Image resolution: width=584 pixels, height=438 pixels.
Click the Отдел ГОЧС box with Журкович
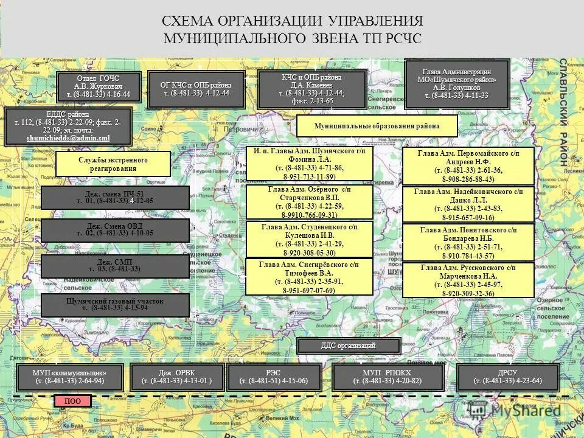(x=99, y=87)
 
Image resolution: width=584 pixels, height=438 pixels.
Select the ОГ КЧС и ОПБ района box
(x=195, y=89)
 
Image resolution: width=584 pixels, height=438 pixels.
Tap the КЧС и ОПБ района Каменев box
(x=311, y=89)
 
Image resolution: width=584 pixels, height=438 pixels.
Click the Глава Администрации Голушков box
(x=456, y=85)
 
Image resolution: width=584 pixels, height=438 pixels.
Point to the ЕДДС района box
(x=68, y=127)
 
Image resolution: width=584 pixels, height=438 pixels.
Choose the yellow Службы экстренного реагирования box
(x=113, y=164)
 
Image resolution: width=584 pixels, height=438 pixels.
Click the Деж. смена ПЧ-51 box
(x=115, y=197)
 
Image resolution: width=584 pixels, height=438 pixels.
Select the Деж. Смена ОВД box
(x=115, y=229)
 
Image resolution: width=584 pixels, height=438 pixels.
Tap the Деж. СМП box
(x=115, y=266)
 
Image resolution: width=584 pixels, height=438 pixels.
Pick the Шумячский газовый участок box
(x=115, y=305)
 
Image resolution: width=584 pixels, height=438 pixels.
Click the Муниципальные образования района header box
(x=377, y=126)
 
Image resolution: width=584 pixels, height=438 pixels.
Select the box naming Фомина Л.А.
(x=310, y=164)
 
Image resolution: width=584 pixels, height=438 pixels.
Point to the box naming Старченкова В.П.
(x=310, y=202)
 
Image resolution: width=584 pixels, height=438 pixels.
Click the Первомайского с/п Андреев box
(x=468, y=165)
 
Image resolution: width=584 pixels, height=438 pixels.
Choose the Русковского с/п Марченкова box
(x=468, y=280)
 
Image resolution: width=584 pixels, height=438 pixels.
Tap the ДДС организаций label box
(x=349, y=346)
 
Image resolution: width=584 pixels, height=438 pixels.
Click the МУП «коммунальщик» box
(x=70, y=377)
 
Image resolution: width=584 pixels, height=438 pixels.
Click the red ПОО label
(x=72, y=401)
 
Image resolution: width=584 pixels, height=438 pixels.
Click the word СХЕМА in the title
(x=193, y=21)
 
